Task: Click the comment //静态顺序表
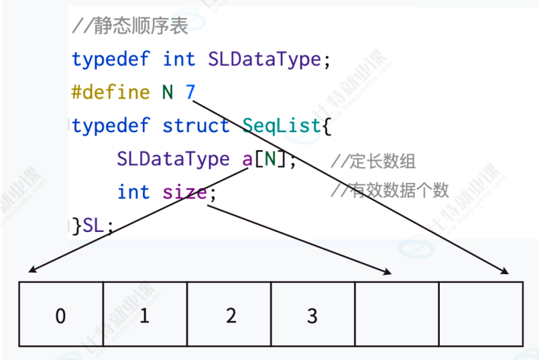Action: pos(130,27)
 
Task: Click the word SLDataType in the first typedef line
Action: pos(264,60)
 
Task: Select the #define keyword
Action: pos(111,93)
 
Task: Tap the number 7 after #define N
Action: pos(190,93)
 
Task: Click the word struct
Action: pos(196,125)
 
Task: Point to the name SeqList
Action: pos(282,125)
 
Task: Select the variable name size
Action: pos(184,192)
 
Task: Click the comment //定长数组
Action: pos(373,161)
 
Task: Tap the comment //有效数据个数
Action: pos(390,191)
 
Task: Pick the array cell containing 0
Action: pos(61,315)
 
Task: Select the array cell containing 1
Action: pos(145,315)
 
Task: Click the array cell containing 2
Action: pos(229,315)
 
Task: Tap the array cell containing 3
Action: pos(313,315)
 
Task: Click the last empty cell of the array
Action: pos(481,315)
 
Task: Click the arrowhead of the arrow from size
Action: pos(390,272)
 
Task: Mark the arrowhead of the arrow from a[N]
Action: pos(32,271)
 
